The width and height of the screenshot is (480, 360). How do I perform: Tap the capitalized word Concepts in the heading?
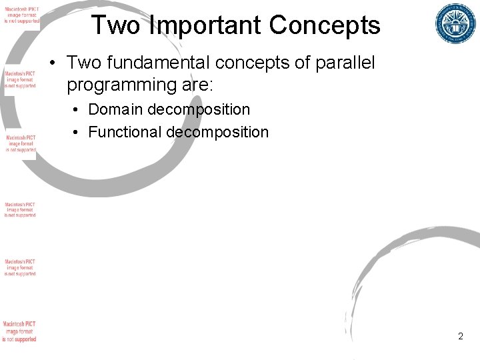(325, 25)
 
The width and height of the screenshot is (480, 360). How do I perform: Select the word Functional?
(125, 132)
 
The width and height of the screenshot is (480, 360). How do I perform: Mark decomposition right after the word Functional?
(217, 132)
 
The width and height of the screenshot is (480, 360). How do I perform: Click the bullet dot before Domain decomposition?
(77, 109)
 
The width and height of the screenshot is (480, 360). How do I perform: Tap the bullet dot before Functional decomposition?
(77, 132)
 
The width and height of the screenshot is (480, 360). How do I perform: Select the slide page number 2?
(461, 337)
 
